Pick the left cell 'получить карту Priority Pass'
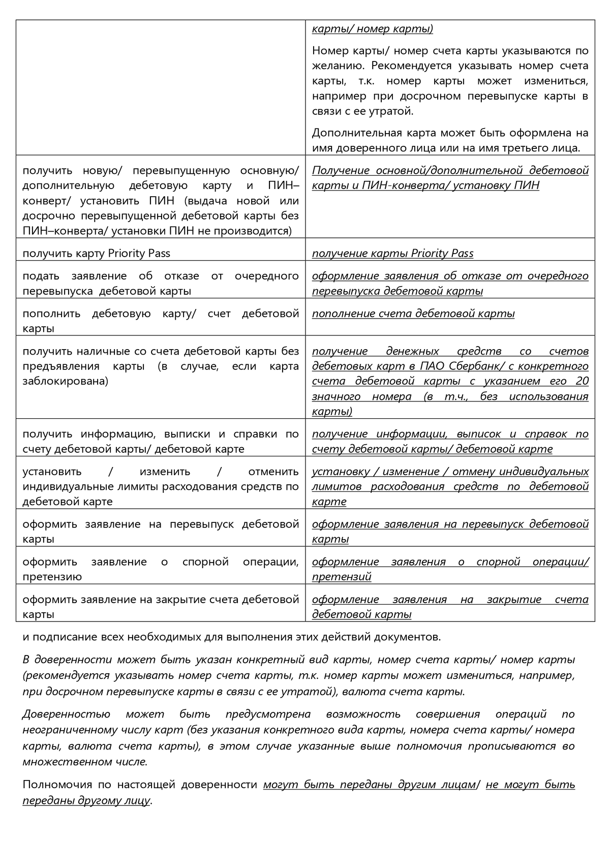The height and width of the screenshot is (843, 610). click(x=97, y=254)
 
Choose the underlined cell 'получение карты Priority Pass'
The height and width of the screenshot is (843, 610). click(x=392, y=254)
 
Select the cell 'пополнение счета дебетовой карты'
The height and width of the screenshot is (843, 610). click(x=413, y=314)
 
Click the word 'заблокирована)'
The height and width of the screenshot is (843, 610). click(x=65, y=381)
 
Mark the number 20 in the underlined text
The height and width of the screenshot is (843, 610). click(x=582, y=381)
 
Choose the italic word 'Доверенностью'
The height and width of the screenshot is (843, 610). click(x=66, y=714)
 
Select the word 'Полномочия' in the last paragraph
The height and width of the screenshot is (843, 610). click(x=56, y=785)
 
